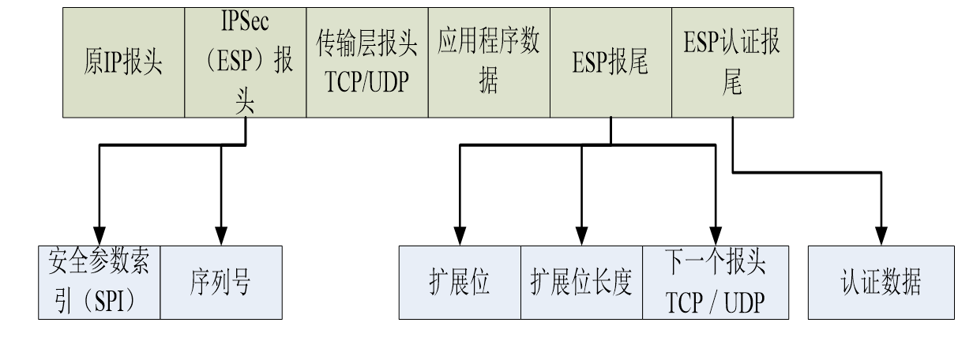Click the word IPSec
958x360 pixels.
(x=245, y=22)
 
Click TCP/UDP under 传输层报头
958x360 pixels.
(x=366, y=81)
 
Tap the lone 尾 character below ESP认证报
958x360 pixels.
(x=732, y=84)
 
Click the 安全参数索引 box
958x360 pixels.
(x=100, y=282)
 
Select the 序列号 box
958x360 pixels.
(x=221, y=282)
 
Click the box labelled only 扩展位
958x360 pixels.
(x=460, y=283)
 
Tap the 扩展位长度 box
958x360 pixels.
(x=581, y=283)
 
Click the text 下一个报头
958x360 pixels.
(x=715, y=264)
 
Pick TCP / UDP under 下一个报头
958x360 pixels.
(x=715, y=302)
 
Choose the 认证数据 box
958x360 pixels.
(x=881, y=283)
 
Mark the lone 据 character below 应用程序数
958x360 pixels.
(x=489, y=82)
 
